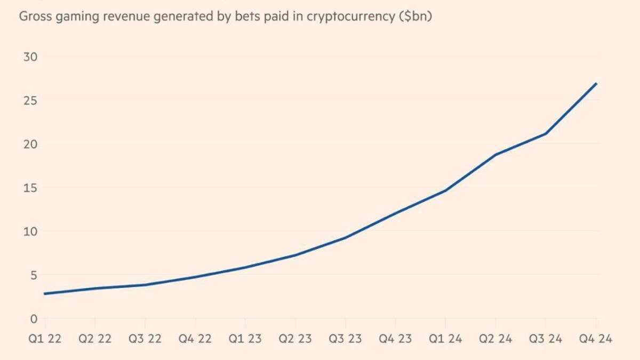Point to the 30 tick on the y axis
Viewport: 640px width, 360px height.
pos(30,57)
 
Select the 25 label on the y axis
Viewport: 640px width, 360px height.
pos(30,100)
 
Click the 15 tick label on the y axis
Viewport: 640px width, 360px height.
pos(30,188)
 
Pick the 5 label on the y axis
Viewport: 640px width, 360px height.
pos(34,275)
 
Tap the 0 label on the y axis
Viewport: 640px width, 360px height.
pos(34,319)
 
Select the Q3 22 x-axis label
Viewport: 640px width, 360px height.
pos(145,339)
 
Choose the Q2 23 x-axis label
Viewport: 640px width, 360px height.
pos(295,339)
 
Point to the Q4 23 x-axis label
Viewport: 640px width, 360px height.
pos(395,339)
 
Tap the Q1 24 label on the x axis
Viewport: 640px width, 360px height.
pos(445,339)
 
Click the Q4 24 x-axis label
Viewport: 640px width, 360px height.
pos(596,339)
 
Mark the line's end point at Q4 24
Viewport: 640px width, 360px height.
pos(596,84)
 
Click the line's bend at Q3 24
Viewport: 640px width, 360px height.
pos(546,133)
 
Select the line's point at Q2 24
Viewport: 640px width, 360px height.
pos(496,155)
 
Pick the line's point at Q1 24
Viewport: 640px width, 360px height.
pos(445,190)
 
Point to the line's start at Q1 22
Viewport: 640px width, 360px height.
pos(45,294)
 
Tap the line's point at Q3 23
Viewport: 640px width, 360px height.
pos(346,237)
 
